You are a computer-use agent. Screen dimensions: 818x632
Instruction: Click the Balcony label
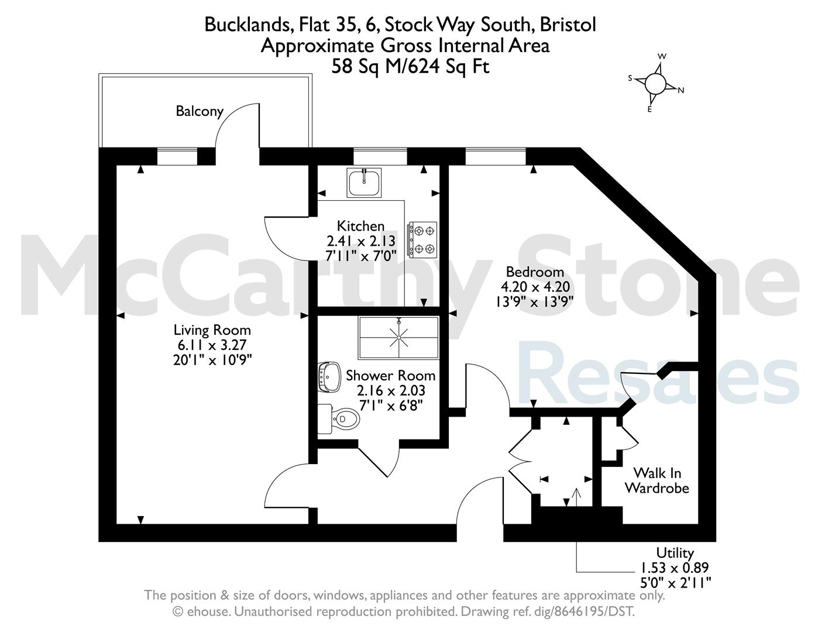point(200,111)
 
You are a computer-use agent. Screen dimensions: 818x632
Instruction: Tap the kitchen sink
point(364,183)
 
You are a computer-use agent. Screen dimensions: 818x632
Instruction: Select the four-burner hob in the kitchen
point(422,240)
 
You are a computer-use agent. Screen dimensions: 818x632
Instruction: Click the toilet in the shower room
point(338,419)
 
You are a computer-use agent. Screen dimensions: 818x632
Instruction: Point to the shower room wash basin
point(329,377)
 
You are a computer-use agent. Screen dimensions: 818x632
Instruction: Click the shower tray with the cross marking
point(398,337)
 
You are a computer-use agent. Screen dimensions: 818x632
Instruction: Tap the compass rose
point(656,84)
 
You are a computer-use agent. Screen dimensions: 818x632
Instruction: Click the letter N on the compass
point(680,90)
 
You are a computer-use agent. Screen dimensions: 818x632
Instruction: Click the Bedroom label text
point(535,272)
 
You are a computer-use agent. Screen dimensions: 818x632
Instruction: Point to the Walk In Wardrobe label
point(657,480)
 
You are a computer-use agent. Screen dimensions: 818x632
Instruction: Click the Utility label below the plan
point(675,553)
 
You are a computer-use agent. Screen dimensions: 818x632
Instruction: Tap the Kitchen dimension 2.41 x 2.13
point(361,241)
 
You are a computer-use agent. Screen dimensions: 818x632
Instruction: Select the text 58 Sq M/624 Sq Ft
point(410,67)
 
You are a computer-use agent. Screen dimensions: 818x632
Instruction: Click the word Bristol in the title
point(568,25)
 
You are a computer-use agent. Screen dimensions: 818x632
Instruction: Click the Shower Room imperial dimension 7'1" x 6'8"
point(391,406)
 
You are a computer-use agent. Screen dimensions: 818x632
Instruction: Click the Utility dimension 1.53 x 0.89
point(675,568)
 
